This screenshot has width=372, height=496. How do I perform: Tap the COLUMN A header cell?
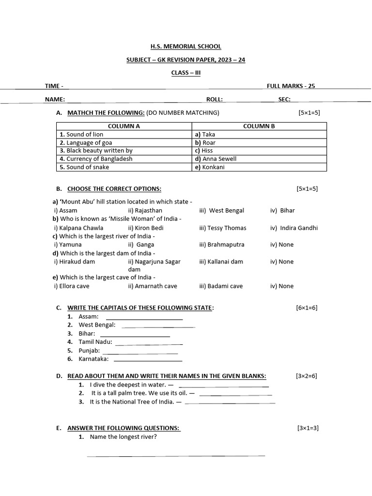coord(124,126)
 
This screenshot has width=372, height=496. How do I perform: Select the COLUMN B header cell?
coord(259,126)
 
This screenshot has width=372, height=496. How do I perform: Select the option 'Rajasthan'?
coord(145,211)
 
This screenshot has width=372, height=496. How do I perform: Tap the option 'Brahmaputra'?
coord(222,245)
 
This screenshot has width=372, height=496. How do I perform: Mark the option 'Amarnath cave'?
coord(153,286)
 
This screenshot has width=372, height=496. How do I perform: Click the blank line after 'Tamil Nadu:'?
coord(149,344)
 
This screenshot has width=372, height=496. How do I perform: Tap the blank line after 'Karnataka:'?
coord(148,361)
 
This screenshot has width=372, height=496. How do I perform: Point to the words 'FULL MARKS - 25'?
coord(291,86)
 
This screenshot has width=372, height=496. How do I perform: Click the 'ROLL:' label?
coord(215,99)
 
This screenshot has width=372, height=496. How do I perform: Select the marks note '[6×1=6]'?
coord(307,308)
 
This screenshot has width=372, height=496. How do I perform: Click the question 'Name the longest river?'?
coord(123,437)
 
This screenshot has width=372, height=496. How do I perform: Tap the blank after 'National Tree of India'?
coord(230,403)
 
